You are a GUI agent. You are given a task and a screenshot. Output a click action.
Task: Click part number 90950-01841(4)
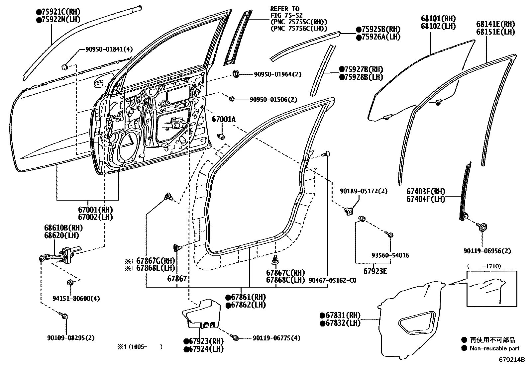[x=109, y=49]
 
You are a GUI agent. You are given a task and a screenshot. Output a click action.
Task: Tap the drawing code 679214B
[x=511, y=359]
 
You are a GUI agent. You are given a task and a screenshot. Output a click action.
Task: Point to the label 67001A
[x=224, y=119]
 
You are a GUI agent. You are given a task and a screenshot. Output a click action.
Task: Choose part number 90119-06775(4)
[x=276, y=338]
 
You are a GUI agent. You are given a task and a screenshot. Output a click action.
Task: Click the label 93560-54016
[x=390, y=255]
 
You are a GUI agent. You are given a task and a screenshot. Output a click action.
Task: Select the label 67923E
[x=375, y=271]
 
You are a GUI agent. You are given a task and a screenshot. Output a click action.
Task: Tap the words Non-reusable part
[x=494, y=348]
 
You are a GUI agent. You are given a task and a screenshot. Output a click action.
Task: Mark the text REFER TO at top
[x=284, y=9]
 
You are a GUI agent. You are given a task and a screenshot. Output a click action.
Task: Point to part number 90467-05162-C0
[x=332, y=280]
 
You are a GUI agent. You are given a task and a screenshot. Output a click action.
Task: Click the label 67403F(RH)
[x=426, y=192]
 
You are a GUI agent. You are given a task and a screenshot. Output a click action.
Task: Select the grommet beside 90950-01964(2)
[x=236, y=73]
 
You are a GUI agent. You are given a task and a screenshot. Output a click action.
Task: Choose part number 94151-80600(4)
[x=76, y=298]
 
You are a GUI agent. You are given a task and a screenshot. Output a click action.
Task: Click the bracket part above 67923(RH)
[x=201, y=314]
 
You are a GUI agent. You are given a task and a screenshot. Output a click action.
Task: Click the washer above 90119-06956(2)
[x=482, y=228]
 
